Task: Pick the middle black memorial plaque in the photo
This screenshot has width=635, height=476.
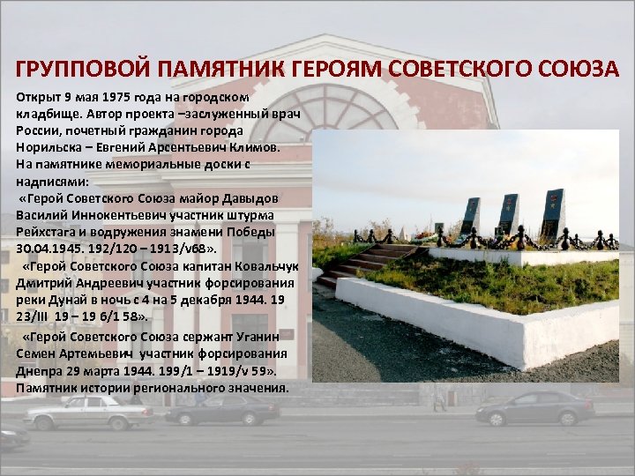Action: pyautogui.click(x=510, y=212)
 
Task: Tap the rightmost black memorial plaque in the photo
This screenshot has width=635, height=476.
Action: pyautogui.click(x=553, y=211)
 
